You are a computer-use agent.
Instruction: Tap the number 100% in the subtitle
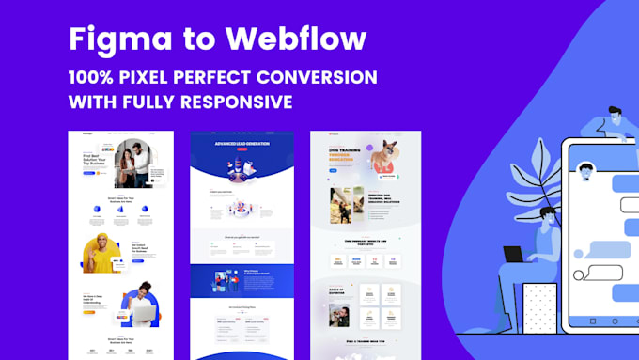coord(100,76)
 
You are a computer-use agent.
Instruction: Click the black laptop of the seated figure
coord(513,254)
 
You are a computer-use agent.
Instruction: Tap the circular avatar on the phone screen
coord(585,172)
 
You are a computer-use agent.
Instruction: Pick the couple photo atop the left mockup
coord(137,160)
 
